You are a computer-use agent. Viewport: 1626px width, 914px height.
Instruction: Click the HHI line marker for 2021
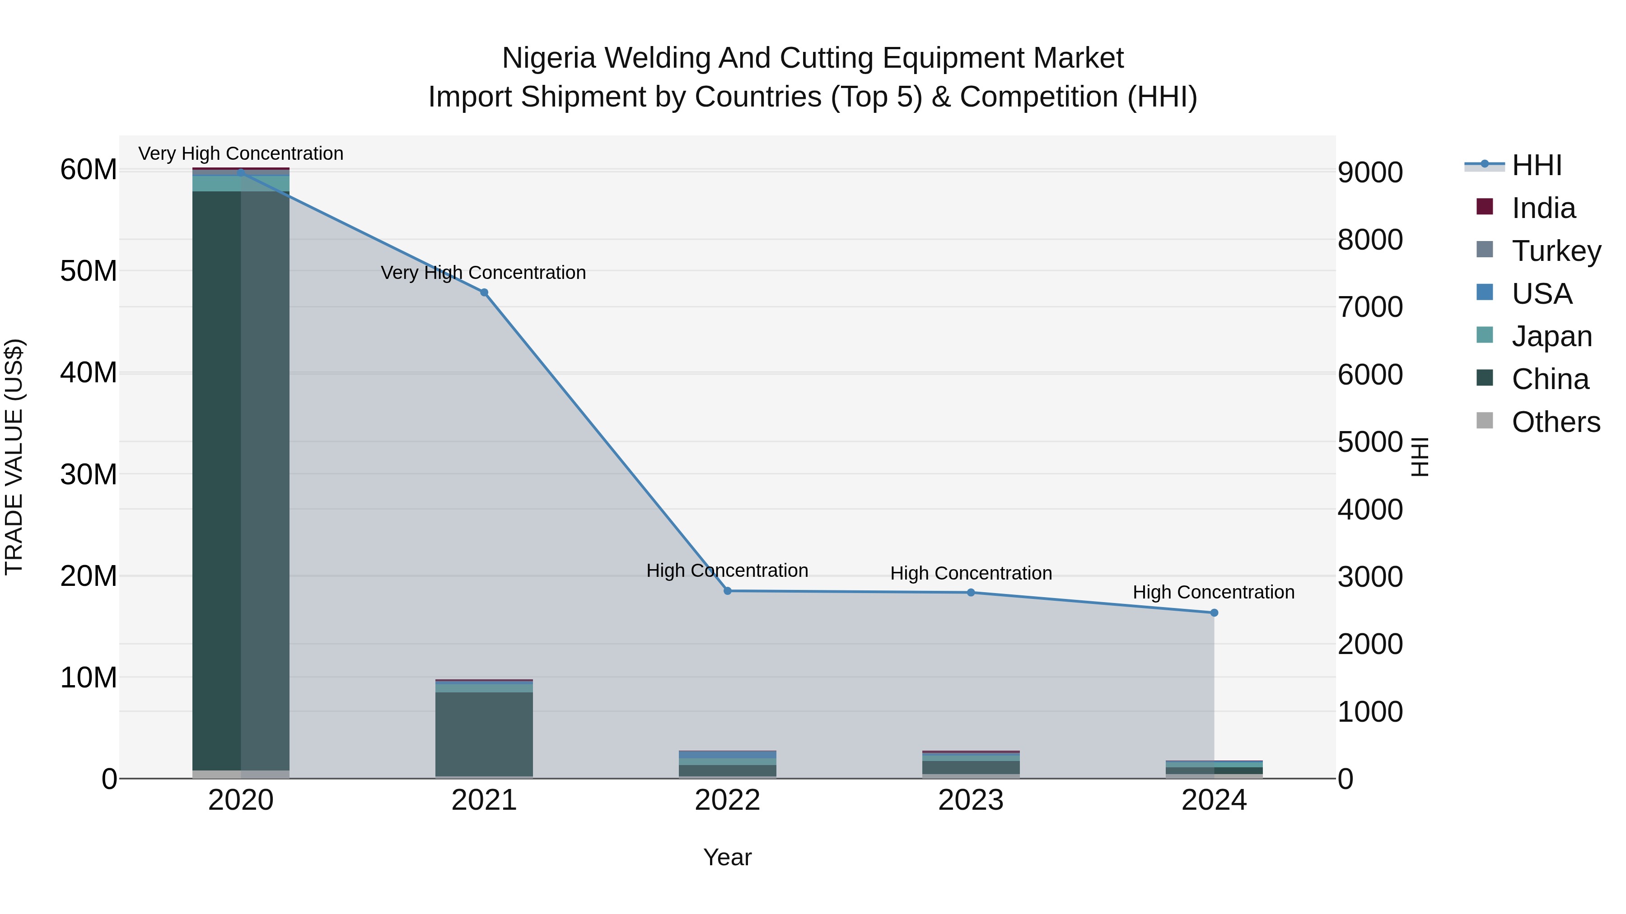click(484, 292)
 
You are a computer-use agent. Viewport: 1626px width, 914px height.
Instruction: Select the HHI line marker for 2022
click(727, 591)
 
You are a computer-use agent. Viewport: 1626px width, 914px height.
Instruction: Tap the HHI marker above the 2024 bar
click(1214, 612)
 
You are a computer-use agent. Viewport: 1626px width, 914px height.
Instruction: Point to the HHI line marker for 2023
click(971, 592)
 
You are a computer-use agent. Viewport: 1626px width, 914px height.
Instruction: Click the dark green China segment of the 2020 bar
click(216, 479)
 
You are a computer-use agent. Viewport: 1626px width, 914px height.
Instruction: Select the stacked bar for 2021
click(484, 732)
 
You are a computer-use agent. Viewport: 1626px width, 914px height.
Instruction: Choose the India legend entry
click(1543, 208)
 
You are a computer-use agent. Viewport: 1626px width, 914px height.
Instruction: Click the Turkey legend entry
click(1556, 251)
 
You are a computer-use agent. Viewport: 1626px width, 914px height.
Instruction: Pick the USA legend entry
click(1542, 294)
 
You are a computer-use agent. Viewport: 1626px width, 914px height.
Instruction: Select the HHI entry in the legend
click(1537, 165)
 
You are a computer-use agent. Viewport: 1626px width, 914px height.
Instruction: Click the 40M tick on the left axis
click(89, 373)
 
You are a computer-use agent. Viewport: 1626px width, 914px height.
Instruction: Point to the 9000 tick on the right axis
click(1370, 173)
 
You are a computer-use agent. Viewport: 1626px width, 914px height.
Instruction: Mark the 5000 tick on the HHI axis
click(1370, 442)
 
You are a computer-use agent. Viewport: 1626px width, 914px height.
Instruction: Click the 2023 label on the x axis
click(971, 800)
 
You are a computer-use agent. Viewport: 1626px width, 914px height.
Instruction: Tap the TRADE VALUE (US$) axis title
click(14, 457)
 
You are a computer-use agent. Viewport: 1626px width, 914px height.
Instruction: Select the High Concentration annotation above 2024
click(1213, 592)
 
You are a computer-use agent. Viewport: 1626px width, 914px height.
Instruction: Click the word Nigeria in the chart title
click(548, 58)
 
